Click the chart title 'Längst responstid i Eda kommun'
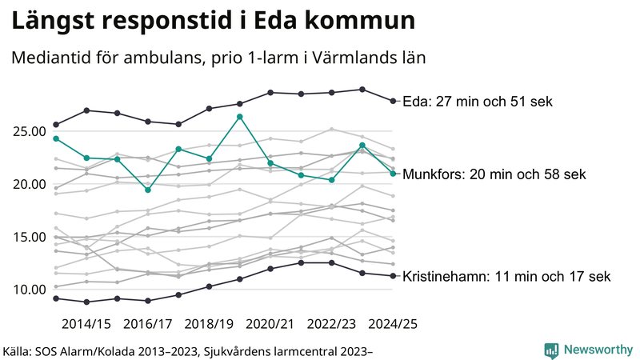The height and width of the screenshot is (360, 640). tap(213, 22)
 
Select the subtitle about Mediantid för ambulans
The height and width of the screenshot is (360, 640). tap(218, 58)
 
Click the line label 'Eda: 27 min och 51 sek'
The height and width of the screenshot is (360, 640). tap(478, 102)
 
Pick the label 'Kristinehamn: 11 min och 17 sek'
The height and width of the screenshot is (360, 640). tap(505, 277)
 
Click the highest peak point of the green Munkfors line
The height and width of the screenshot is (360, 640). tap(240, 117)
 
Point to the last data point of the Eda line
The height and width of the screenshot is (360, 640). tap(392, 101)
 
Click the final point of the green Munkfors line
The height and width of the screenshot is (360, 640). tap(392, 174)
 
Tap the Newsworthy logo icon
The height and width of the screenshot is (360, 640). tap(551, 350)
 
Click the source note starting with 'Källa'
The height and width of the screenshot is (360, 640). tap(189, 350)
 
